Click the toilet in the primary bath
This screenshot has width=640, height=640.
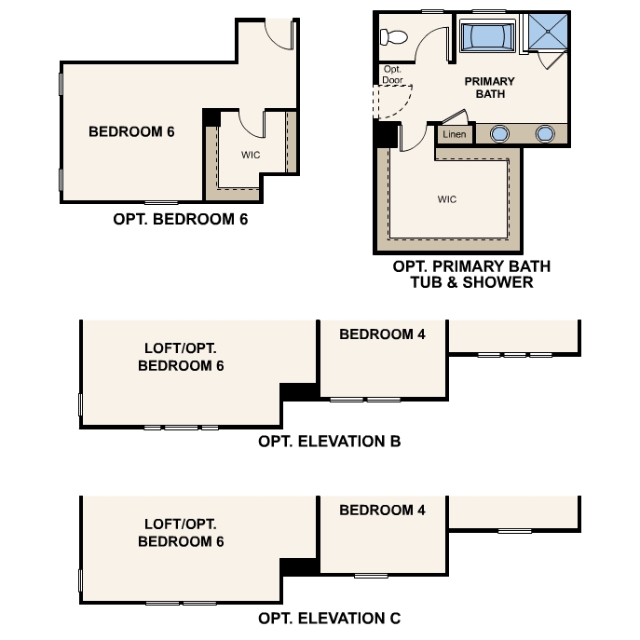tap(392, 37)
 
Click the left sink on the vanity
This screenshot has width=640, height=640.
tap(500, 134)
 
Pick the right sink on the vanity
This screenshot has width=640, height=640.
tap(546, 134)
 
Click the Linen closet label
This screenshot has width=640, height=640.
tap(455, 135)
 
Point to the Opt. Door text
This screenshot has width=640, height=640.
tap(391, 75)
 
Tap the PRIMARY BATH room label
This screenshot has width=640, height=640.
tap(489, 88)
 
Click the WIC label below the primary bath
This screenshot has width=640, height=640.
tap(447, 199)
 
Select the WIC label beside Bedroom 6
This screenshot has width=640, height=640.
tap(250, 155)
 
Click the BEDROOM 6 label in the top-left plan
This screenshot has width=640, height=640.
tap(131, 131)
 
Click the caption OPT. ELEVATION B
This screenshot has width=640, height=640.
tap(329, 442)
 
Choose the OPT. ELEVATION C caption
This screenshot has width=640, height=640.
tap(330, 618)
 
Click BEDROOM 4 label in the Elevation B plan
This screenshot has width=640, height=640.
tap(382, 334)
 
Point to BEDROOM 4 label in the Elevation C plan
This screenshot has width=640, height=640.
tap(382, 511)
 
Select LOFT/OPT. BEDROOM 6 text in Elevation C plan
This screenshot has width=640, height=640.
tap(181, 532)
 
